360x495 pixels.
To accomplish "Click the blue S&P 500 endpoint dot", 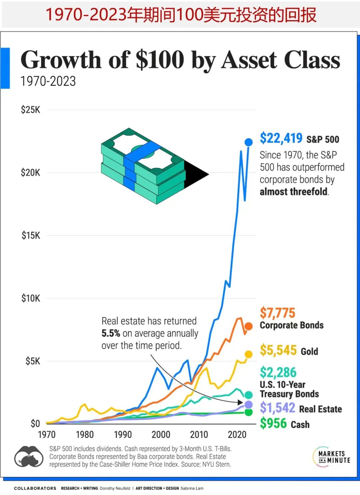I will [249, 142].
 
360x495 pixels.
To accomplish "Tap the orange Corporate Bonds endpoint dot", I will [249, 326].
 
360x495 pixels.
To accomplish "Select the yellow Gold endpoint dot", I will [249, 354].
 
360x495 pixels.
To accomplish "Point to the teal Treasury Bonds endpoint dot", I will [249, 395].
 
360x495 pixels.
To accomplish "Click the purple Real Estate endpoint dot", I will [249, 405].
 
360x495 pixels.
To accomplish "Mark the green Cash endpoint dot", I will [249, 412].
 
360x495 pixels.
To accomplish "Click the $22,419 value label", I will [281, 138].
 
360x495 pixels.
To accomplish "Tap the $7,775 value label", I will [277, 313].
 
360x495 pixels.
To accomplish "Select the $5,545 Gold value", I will [278, 350].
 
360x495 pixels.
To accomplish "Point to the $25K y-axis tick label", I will [30, 110].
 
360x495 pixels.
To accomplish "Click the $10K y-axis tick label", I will [31, 298].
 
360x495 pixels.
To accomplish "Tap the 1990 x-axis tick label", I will [123, 435].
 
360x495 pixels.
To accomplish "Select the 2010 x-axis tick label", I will [199, 435].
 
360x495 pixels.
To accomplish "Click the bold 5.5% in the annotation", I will [111, 333].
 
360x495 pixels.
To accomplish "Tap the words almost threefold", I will [294, 192].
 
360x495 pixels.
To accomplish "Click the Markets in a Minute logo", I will [331, 457].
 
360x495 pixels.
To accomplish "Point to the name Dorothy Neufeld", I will [115, 488].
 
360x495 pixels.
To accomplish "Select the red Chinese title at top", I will [180, 15].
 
